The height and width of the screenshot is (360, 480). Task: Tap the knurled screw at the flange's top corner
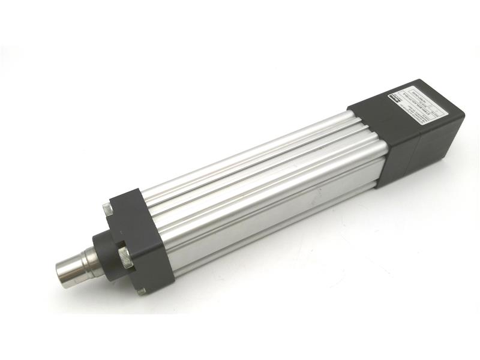point(107,209)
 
